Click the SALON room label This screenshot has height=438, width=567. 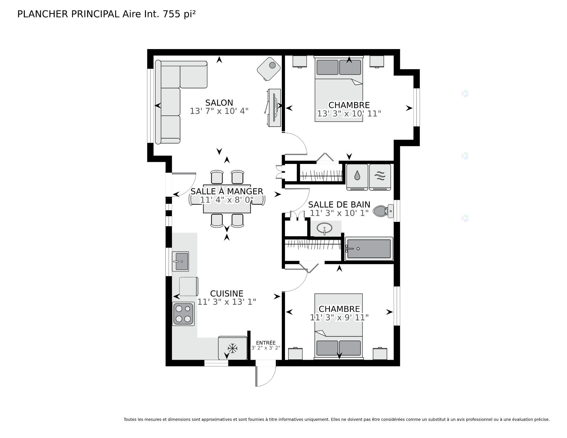219,103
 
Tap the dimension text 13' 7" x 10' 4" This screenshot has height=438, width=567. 219,111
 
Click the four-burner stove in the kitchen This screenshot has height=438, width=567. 183,314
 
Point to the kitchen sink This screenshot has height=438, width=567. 180,261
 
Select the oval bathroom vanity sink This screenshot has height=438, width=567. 324,228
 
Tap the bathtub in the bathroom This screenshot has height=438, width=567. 369,249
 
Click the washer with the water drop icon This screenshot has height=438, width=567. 357,177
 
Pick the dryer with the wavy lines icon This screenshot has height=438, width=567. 380,177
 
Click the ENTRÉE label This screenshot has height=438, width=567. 265,343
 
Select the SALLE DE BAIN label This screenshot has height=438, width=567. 339,204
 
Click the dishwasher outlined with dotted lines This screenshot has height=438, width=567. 188,286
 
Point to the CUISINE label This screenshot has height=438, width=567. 227,293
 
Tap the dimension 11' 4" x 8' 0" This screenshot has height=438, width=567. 227,200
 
